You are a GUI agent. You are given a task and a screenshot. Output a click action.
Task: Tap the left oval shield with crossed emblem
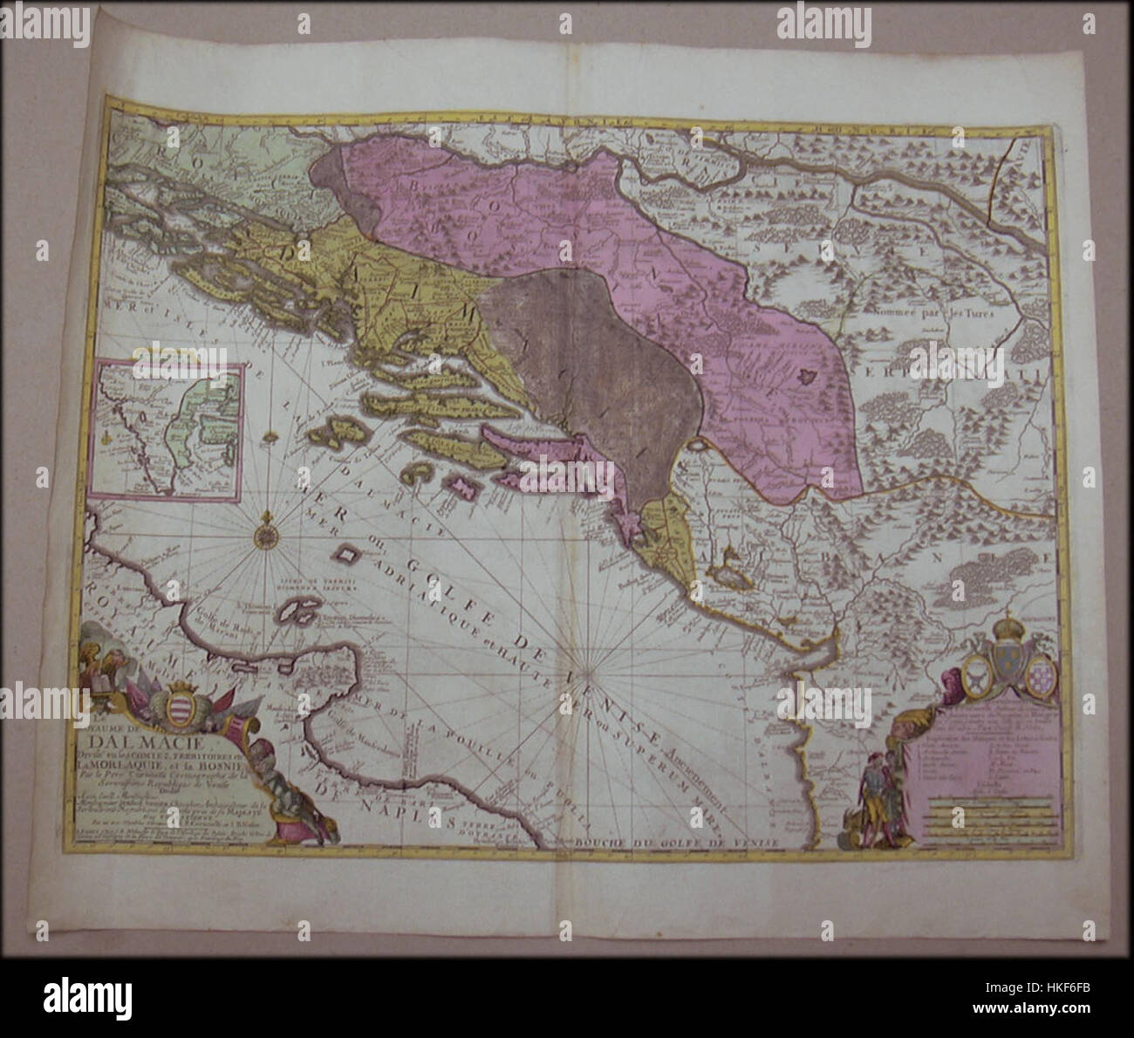pos(980,675)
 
